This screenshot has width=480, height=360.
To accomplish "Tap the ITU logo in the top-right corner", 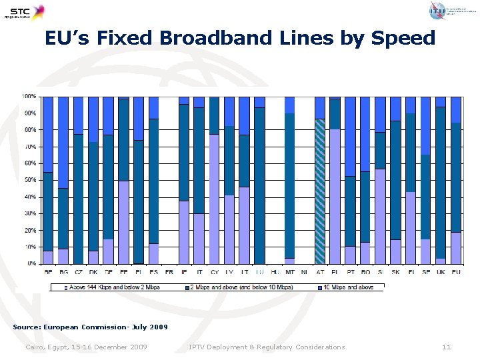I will [x=441, y=10].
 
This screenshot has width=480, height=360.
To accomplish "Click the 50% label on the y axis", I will [x=30, y=180].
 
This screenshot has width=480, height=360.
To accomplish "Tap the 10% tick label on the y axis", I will [x=30, y=247].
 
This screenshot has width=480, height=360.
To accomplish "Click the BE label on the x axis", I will [x=48, y=272].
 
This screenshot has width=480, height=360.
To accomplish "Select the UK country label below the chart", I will [x=440, y=272].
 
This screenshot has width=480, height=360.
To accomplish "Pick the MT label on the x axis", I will [x=289, y=272].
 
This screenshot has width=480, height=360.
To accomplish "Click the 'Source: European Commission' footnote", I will [x=91, y=327].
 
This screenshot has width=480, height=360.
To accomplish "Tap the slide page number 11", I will [x=447, y=347].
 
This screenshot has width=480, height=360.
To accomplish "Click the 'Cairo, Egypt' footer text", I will [x=86, y=347].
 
